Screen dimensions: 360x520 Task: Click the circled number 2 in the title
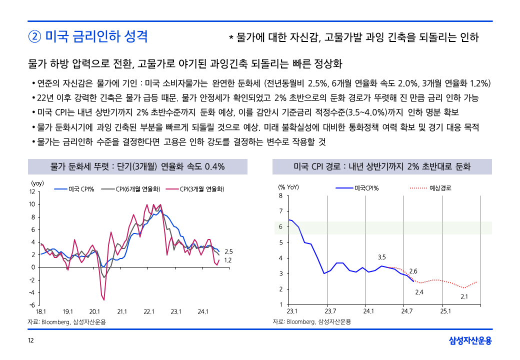[34, 36]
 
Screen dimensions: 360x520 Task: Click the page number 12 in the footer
[31, 341]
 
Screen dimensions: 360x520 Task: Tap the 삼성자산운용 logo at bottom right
[470, 341]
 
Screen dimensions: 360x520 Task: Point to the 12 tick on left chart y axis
[31, 191]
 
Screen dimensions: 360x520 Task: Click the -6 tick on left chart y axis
[31, 305]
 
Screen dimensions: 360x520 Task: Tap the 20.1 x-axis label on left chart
[95, 312]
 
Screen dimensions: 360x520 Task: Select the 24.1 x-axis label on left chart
[203, 312]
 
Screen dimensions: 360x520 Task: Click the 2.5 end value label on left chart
[228, 251]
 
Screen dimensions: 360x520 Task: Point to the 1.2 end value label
[228, 260]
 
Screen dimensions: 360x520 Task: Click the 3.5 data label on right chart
[381, 257]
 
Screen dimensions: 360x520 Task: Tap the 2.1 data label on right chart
[464, 297]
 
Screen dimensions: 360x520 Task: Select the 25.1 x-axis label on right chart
[445, 311]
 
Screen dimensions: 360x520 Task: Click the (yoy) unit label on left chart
[37, 183]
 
